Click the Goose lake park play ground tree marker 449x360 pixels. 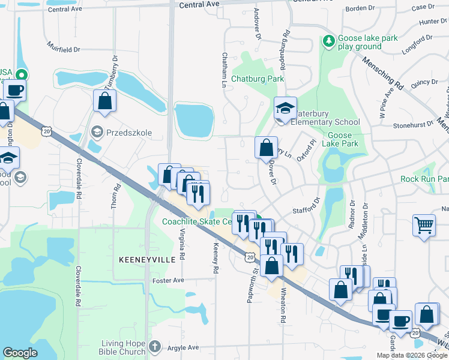tap(328, 41)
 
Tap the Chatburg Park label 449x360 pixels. tap(258, 79)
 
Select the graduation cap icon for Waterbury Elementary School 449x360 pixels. tap(285, 109)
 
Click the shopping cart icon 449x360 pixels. tap(424, 226)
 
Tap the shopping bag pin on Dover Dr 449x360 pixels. tap(266, 148)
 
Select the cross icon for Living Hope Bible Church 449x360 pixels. tap(155, 346)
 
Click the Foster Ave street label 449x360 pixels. tap(168, 280)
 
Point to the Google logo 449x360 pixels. tap(20, 352)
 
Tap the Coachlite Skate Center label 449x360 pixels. tap(197, 221)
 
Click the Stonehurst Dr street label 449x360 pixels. tap(414, 125)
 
